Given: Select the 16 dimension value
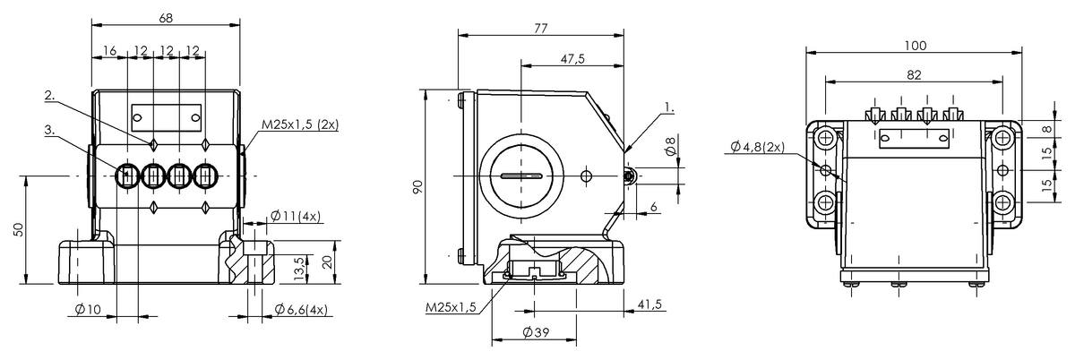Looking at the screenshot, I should point(109,52).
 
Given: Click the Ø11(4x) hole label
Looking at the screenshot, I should point(296,218).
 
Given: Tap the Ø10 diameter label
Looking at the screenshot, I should point(86,310).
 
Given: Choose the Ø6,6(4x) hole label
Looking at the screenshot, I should point(300,310).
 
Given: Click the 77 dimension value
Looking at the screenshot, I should point(540,28).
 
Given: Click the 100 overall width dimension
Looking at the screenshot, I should point(915,45).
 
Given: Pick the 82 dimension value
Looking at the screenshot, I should point(914,75).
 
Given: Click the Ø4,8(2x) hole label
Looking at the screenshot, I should point(754,147).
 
